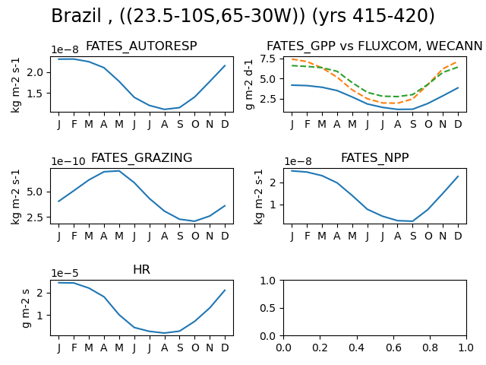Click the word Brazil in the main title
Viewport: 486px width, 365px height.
[76, 15]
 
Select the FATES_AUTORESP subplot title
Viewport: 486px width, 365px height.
[141, 46]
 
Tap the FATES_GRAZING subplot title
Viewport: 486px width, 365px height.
[142, 157]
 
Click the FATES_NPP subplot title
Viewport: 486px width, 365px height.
[374, 157]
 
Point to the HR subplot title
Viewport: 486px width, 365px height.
[142, 269]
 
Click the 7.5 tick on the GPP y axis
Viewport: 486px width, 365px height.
[268, 59]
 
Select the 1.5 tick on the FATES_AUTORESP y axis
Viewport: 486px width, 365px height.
[35, 93]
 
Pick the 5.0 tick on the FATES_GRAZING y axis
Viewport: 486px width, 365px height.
[35, 192]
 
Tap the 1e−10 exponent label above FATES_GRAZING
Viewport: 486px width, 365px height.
[68, 161]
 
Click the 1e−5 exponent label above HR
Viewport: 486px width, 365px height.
[65, 273]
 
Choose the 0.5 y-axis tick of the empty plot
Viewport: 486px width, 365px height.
[268, 308]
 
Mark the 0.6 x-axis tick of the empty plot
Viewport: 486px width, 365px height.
[393, 348]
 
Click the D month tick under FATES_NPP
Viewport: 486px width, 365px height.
[458, 236]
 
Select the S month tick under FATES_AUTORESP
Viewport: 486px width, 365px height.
[180, 124]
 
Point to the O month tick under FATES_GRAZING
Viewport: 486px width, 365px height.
[195, 236]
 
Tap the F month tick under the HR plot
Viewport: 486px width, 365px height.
[74, 348]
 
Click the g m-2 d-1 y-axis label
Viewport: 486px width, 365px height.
[249, 84]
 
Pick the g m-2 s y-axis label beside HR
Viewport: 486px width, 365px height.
[27, 308]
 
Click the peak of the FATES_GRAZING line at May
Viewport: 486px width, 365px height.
[119, 171]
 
